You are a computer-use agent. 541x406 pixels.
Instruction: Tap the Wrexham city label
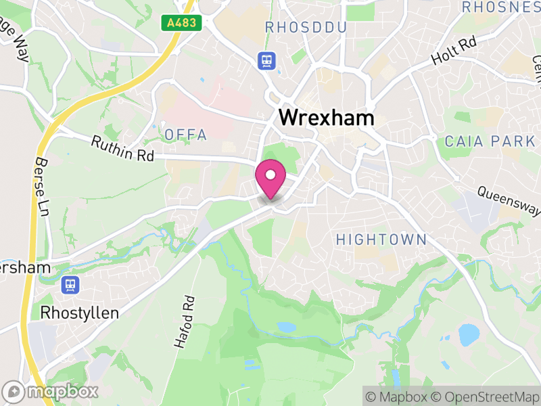[326, 118]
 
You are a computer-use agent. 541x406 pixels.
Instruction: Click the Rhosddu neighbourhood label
[306, 28]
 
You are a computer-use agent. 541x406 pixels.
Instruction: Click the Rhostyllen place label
[80, 313]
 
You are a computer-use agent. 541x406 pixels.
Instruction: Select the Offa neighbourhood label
[186, 135]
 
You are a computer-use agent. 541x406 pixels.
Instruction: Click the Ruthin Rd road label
[123, 149]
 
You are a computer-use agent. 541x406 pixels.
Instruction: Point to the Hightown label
[381, 239]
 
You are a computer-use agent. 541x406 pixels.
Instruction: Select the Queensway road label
[509, 200]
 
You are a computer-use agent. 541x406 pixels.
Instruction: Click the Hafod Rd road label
[184, 321]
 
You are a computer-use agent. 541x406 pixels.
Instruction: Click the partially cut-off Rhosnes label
[500, 7]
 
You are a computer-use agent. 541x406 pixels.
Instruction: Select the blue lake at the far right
[467, 334]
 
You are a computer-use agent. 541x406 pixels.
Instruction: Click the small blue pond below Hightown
[287, 327]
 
